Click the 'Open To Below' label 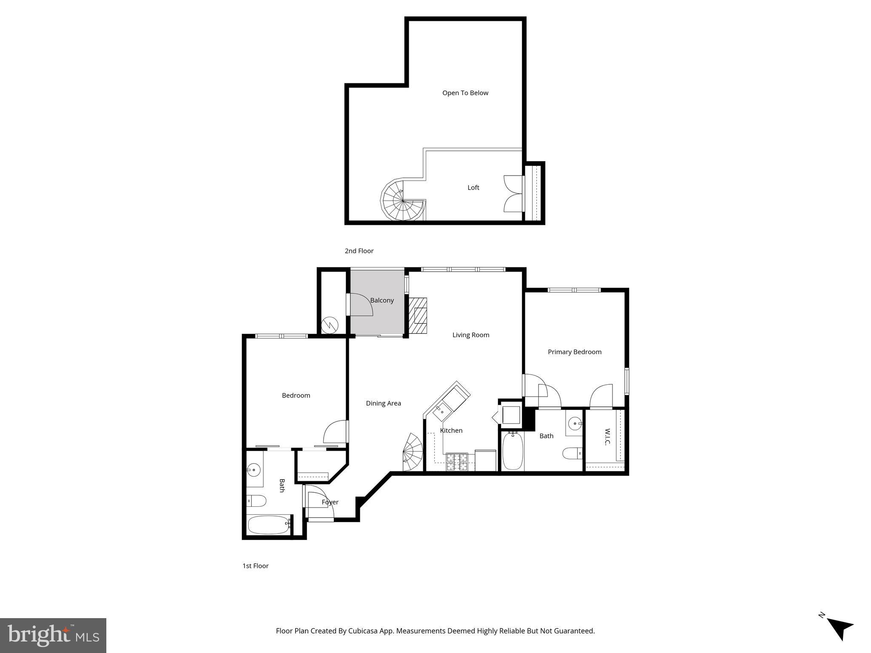(465, 93)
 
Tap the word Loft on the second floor (473, 187)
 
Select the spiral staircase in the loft (402, 200)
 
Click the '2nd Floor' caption (359, 251)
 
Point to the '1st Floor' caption (255, 566)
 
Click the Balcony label (381, 300)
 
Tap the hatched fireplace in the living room (418, 316)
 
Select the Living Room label (470, 335)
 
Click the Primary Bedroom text (574, 352)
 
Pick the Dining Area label (383, 403)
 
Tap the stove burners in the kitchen (456, 462)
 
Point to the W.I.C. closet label (607, 437)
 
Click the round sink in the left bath (253, 470)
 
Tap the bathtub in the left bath (268, 525)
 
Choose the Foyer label (330, 502)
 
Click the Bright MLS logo (53, 635)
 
